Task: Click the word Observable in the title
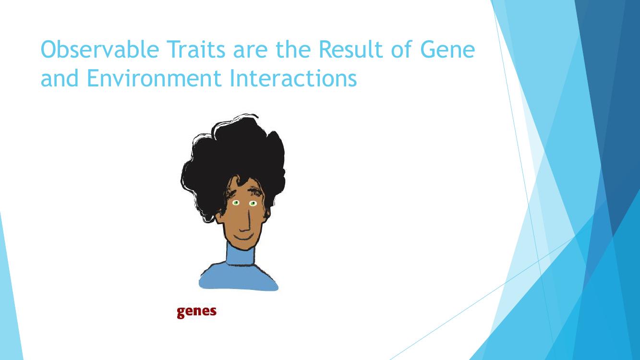point(100,49)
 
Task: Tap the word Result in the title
point(350,49)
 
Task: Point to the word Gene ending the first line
point(447,49)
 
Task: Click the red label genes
point(196,312)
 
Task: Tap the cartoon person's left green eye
point(236,203)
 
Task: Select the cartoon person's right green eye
point(253,204)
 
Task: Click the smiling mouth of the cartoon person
point(244,238)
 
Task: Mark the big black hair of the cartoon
point(233,160)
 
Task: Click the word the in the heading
point(293,49)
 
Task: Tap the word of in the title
point(401,49)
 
